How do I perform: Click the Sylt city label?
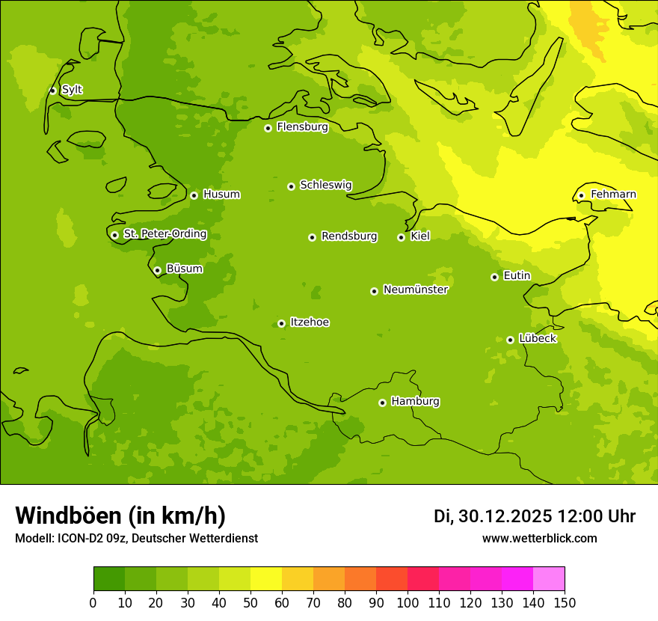point(72,90)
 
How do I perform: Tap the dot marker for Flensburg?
point(268,128)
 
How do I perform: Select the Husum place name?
point(221,195)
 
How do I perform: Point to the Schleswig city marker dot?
point(291,186)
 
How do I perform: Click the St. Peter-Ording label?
point(165,234)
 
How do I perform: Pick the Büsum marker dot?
point(157,270)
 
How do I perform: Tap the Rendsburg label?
point(349,236)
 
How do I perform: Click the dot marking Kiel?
point(401,237)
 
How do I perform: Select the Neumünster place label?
point(416,290)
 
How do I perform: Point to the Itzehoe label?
point(310,322)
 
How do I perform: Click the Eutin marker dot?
point(494,277)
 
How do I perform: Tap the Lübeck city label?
point(538,339)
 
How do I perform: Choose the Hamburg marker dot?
point(382,403)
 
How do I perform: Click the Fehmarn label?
point(613,195)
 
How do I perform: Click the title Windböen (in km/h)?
point(120,516)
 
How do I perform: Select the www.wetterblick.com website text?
point(540,538)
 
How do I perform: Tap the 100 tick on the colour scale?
point(408,602)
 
